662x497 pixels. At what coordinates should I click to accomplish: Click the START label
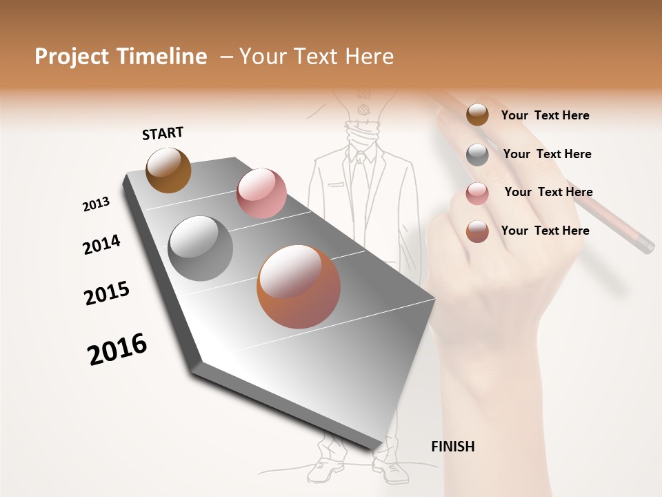coord(163,133)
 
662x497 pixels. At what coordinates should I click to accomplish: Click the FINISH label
coord(452,447)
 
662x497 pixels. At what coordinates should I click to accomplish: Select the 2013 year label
coord(96,204)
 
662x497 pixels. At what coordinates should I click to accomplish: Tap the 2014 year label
coord(101,244)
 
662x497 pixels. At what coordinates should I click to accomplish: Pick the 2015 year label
coord(107,293)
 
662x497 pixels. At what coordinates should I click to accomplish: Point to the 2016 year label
coord(117,349)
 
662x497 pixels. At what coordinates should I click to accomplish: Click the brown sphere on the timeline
coord(168,170)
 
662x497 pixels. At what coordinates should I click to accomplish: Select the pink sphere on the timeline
coord(261,193)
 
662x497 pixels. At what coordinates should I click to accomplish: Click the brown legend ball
coord(477,115)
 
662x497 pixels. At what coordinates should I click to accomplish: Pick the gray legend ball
coord(477,155)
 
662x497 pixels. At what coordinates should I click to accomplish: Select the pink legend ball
coord(477,193)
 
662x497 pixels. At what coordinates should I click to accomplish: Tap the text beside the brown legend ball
coord(545,115)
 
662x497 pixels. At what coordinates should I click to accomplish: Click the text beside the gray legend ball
coord(547,154)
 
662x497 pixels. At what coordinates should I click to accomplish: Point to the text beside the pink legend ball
coord(548,192)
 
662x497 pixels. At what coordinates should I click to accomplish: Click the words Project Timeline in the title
coord(121,57)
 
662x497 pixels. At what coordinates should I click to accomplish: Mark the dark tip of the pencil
coord(645,244)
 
